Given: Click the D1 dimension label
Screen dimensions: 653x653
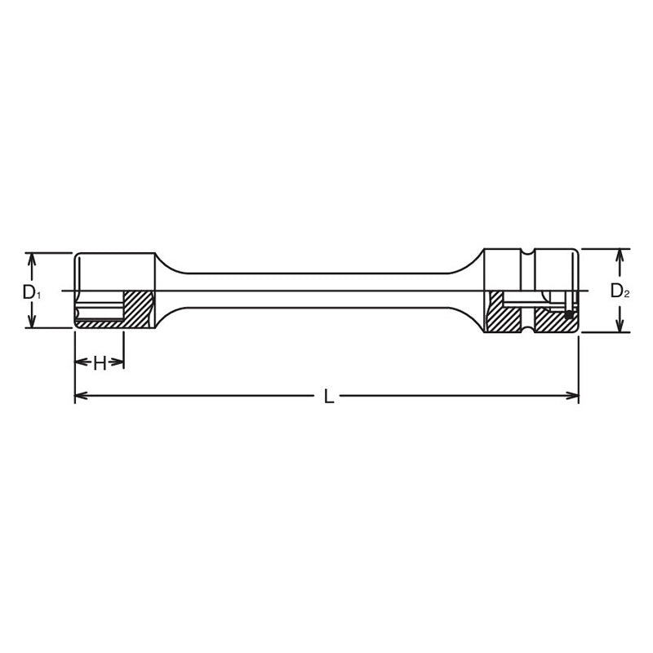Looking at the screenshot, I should pyautogui.click(x=29, y=291).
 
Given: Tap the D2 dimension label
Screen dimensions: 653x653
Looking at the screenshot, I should pyautogui.click(x=620, y=291).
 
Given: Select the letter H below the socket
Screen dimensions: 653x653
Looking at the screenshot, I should pyautogui.click(x=100, y=363).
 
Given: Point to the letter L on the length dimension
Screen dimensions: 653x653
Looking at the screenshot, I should pyautogui.click(x=328, y=397).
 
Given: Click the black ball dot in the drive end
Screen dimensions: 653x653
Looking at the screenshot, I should pyautogui.click(x=568, y=313).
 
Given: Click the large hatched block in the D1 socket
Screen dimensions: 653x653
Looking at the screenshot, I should pyautogui.click(x=139, y=308).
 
